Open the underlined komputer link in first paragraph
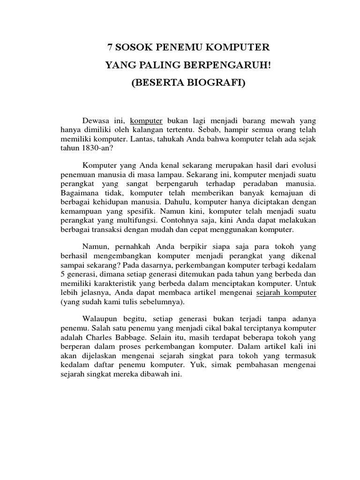coord(146,120)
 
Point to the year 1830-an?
coord(93,147)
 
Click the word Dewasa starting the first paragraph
coord(96,120)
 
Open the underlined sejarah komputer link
coord(286,292)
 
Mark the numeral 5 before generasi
coord(62,274)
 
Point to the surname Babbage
coord(133,337)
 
